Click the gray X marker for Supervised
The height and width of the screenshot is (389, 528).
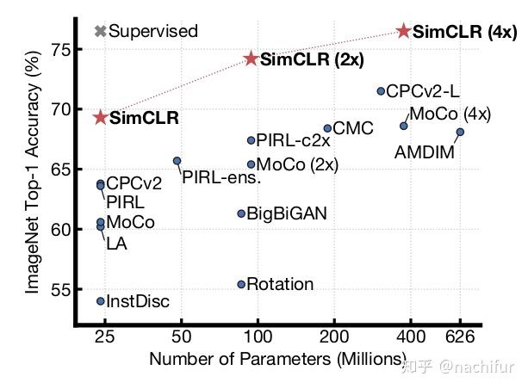[x=100, y=32]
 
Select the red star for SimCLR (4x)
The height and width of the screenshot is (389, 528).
[x=403, y=31]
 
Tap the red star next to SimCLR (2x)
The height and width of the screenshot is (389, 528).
[x=252, y=59]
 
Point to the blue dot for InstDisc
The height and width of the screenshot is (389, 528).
[x=101, y=301]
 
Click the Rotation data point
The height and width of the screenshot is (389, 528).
[x=241, y=284]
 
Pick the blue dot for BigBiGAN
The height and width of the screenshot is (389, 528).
[x=241, y=213]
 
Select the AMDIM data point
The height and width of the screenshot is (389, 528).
[x=460, y=132]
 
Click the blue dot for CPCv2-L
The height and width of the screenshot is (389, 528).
[x=381, y=91]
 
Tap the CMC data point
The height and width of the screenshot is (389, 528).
[x=327, y=128]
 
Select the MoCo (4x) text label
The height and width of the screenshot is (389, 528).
[x=450, y=114]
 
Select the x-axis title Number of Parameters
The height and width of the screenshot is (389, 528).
[x=277, y=359]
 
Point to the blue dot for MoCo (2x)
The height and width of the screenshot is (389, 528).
[x=251, y=164]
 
